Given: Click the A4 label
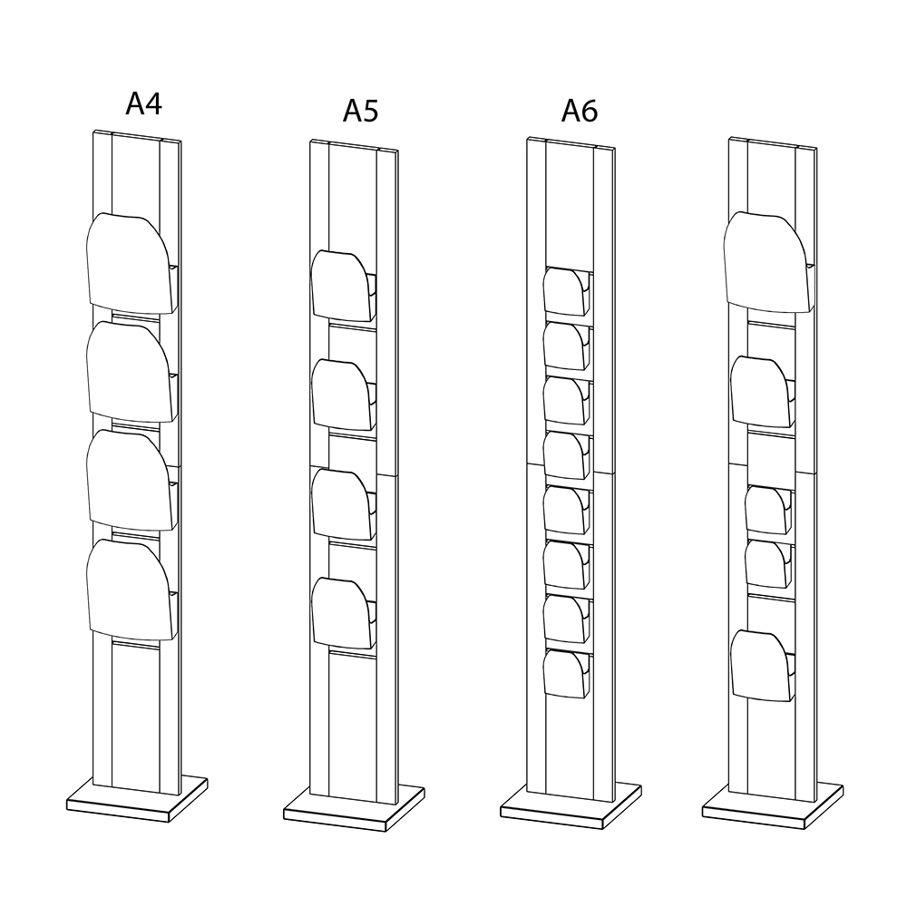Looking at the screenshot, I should [x=143, y=104].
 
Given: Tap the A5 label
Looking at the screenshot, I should [x=361, y=110].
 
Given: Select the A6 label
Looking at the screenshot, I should [x=580, y=110].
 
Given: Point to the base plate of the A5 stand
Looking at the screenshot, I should [x=355, y=806].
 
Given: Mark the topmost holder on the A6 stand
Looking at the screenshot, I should [x=564, y=289].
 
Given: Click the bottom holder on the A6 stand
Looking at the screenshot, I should [x=564, y=673].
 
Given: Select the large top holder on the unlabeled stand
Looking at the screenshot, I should [x=766, y=261].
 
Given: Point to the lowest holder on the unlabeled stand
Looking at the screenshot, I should [x=760, y=665].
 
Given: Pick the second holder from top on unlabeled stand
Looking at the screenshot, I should [x=760, y=391].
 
